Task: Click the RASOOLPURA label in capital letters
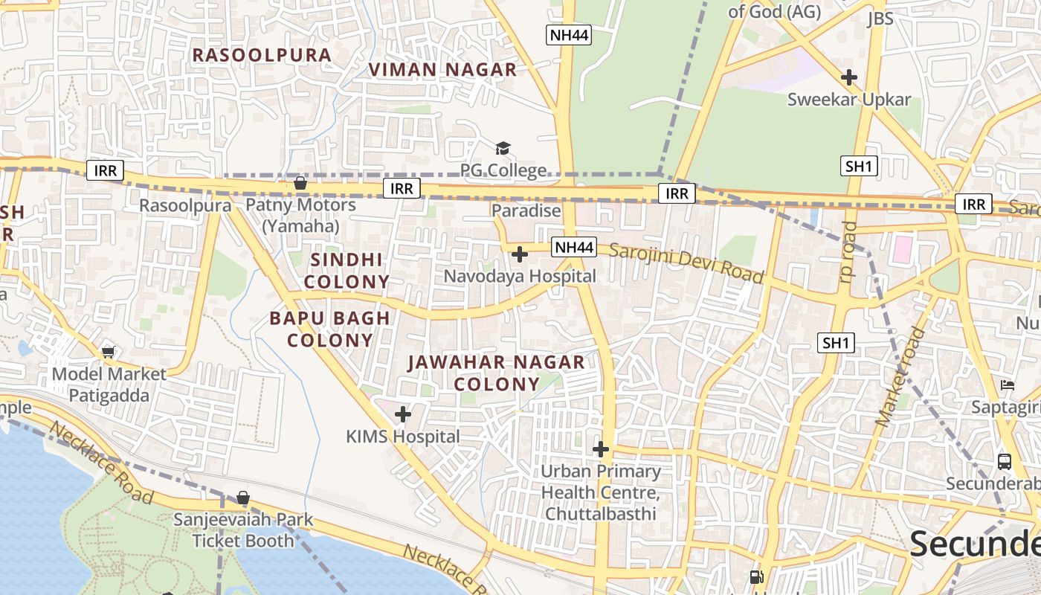pos(262,55)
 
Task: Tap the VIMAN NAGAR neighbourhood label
pos(442,70)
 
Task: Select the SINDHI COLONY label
pos(347,271)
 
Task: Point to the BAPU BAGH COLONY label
pos(329,329)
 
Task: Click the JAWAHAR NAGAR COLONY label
pos(496,373)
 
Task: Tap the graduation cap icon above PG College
pos(503,148)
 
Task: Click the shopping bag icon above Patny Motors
pos(300,183)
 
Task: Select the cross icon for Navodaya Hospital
pos(520,254)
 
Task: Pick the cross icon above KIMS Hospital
pos(403,414)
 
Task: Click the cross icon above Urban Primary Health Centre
pos(601,449)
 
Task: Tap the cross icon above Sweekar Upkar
pos(848,77)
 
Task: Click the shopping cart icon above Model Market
pos(109,352)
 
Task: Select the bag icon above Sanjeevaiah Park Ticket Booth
pos(243,498)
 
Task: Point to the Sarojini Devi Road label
pos(686,262)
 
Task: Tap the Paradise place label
pos(526,210)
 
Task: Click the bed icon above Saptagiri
pos(1008,385)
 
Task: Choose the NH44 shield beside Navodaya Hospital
pos(574,247)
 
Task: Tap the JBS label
pos(880,19)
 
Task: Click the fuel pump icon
pos(757,576)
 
